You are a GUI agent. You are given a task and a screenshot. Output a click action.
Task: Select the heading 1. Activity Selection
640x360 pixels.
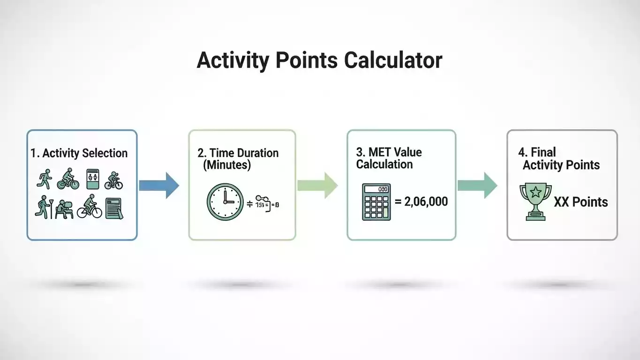click(x=79, y=153)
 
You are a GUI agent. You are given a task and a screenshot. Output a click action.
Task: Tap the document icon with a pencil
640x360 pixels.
click(x=114, y=208)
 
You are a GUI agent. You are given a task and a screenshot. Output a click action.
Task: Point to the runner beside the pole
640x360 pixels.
click(x=42, y=208)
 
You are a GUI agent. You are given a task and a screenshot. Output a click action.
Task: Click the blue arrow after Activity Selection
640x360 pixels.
click(x=159, y=186)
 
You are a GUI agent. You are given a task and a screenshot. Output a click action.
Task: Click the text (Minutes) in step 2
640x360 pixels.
click(x=227, y=165)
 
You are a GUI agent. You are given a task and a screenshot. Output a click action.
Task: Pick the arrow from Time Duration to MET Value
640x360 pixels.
click(x=317, y=186)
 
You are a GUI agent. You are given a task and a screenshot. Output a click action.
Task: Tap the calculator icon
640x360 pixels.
click(x=376, y=202)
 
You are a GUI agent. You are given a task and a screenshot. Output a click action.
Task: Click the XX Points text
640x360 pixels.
click(x=580, y=202)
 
